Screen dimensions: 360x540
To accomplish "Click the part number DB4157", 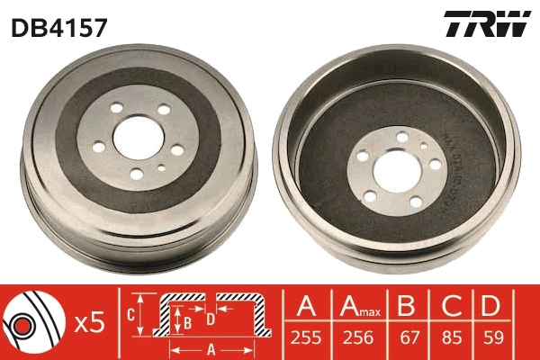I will tap(59, 27).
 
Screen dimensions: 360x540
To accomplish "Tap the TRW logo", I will tap(486, 25).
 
